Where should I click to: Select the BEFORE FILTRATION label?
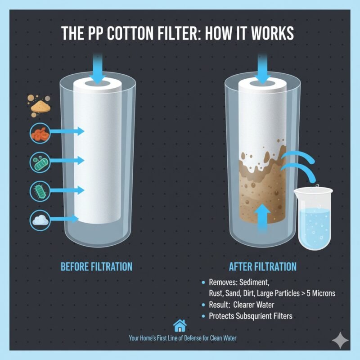[x=96, y=267]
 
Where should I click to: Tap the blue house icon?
[x=180, y=325]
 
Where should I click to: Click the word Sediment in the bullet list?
[x=253, y=283]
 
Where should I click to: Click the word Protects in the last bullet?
[x=223, y=316]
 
